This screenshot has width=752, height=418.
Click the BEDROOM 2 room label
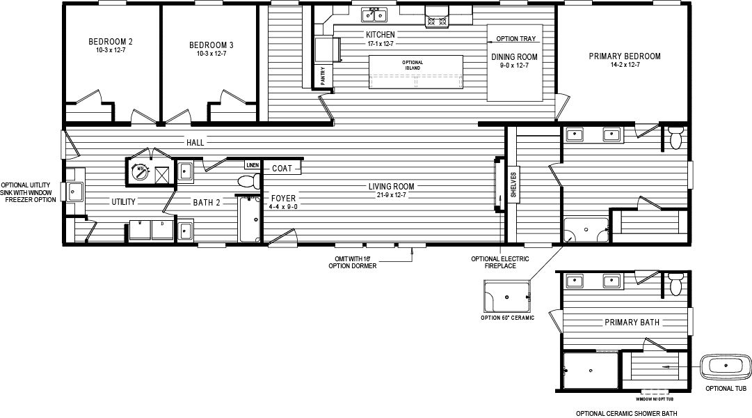click(x=111, y=42)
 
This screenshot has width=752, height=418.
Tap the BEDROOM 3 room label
click(x=211, y=46)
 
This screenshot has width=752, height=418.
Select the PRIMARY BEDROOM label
click(x=624, y=56)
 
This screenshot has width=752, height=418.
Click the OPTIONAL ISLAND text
click(x=413, y=65)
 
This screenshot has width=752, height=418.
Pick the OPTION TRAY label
click(x=516, y=39)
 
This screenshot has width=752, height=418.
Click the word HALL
click(x=195, y=143)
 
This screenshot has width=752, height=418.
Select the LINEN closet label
click(x=252, y=166)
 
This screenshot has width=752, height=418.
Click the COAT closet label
click(x=282, y=169)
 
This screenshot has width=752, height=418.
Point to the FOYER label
click(x=283, y=199)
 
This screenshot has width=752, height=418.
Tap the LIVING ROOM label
click(x=392, y=186)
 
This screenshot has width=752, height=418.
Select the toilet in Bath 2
click(x=246, y=182)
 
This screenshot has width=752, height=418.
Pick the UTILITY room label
click(x=124, y=202)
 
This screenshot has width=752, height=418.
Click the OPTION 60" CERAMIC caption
click(x=507, y=319)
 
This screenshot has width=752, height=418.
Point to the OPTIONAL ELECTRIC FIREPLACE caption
click(x=499, y=263)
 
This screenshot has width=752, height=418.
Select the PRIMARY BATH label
click(x=632, y=323)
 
